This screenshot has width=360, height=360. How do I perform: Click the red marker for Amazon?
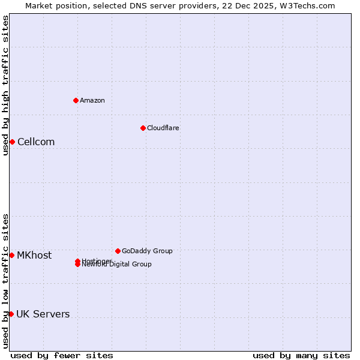click(76, 100)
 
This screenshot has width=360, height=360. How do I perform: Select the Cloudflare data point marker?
click(143, 128)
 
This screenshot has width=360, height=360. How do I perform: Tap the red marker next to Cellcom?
click(12, 142)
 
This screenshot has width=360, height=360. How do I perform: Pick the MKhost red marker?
click(11, 255)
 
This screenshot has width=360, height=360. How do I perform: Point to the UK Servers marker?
click(11, 314)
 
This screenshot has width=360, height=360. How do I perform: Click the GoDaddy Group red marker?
click(118, 251)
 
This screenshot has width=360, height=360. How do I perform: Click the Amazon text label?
click(92, 100)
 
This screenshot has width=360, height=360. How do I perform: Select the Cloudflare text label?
click(163, 128)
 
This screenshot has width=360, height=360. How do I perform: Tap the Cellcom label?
click(36, 142)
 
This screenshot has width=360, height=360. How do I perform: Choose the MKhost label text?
click(34, 256)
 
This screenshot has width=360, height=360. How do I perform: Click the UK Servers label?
click(43, 314)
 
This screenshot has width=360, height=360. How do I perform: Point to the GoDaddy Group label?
click(147, 251)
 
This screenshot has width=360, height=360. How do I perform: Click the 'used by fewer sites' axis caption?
click(62, 355)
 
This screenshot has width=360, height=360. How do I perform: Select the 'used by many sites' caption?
click(301, 355)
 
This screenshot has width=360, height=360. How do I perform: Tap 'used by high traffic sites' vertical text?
click(5, 85)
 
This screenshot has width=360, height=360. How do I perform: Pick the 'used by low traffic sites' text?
click(5, 281)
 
